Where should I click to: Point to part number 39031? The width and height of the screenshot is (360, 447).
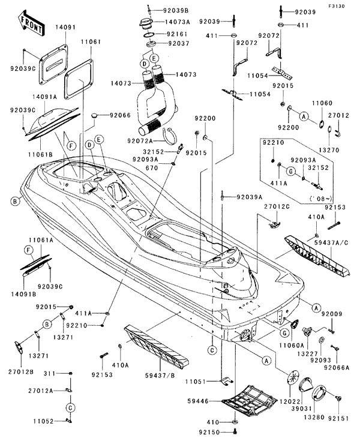click(301, 407)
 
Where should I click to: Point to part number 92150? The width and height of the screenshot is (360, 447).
click(211, 431)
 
